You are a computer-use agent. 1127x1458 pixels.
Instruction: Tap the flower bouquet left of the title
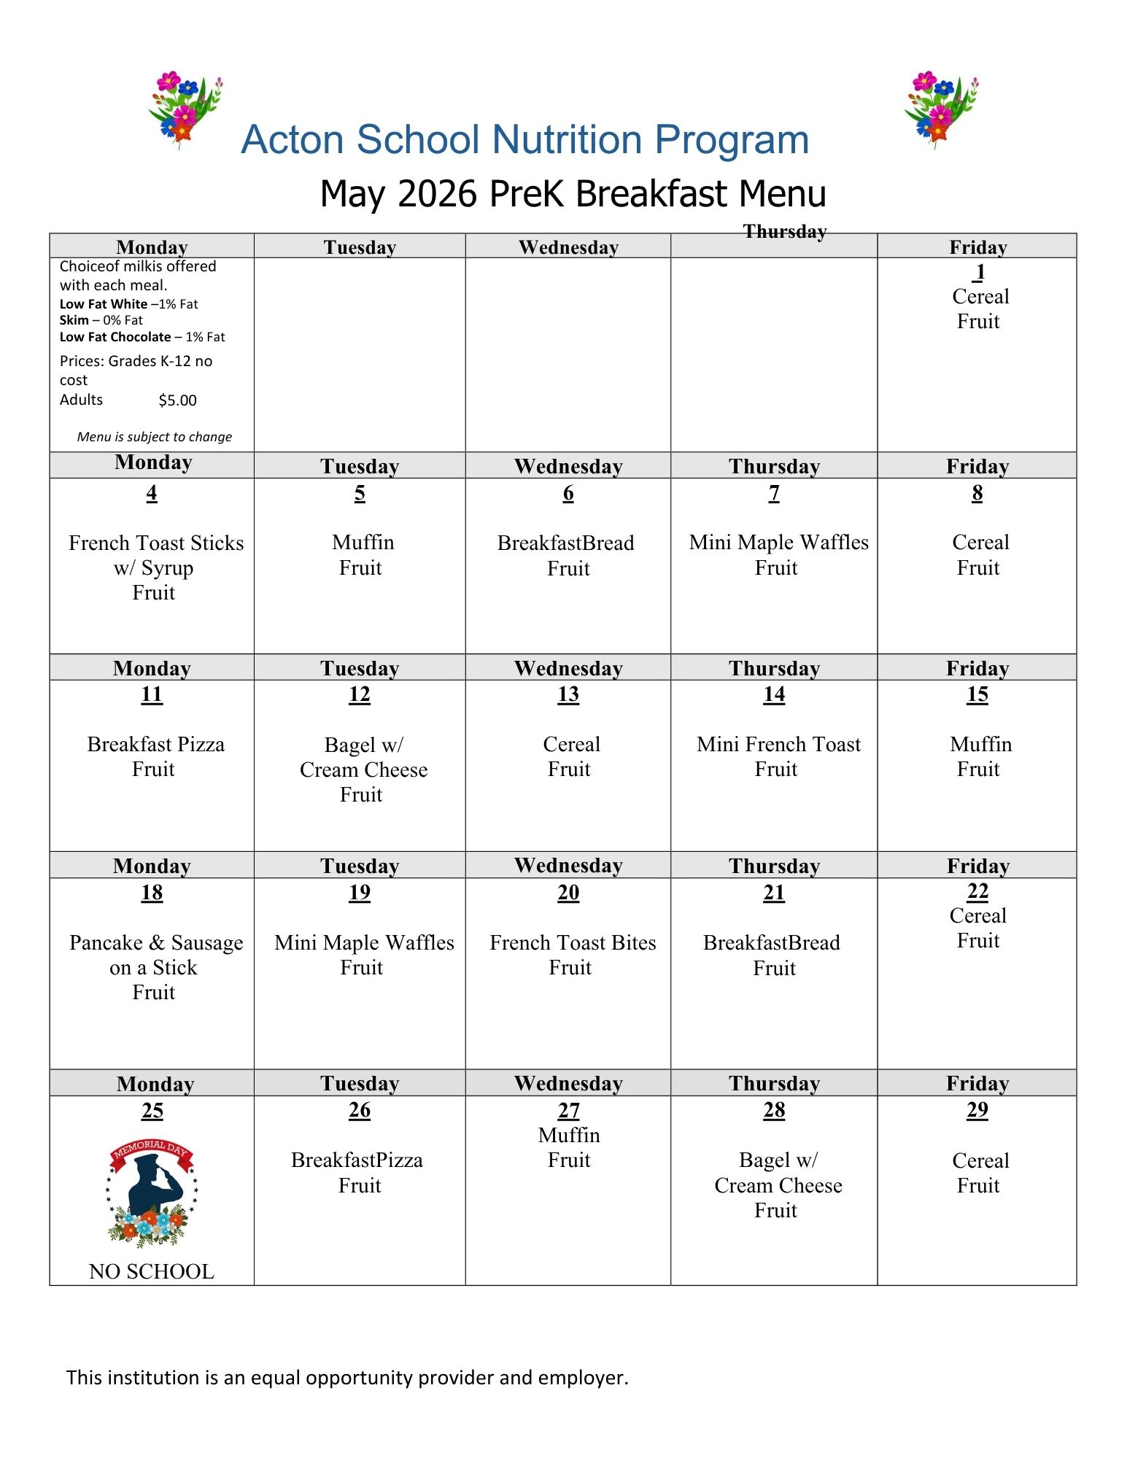point(184,109)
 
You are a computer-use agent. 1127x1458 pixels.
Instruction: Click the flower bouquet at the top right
point(940,109)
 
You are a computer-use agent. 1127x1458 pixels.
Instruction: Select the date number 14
point(774,694)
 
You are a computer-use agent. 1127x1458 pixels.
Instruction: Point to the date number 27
point(568,1110)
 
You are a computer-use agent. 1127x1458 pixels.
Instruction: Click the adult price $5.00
point(177,400)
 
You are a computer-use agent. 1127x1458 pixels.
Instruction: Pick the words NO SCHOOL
point(152,1271)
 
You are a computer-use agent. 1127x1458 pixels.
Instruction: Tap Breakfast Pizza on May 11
point(155,744)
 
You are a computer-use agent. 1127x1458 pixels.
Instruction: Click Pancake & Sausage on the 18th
point(155,942)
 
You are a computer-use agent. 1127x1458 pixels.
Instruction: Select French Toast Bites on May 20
point(573,942)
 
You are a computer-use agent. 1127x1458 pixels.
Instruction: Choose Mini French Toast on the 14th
point(778,744)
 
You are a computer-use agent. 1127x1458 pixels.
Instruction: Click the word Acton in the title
point(293,139)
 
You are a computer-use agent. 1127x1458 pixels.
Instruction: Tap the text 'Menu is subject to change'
point(155,437)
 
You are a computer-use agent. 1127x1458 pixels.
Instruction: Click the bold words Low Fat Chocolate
point(115,337)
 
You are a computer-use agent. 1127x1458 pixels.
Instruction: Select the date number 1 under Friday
point(980,271)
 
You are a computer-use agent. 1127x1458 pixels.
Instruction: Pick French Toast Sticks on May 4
point(156,543)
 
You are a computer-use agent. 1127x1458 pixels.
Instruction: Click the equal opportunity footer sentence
point(347,1377)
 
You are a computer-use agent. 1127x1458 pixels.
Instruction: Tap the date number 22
point(977,891)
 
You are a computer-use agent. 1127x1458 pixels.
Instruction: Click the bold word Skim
point(74,320)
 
